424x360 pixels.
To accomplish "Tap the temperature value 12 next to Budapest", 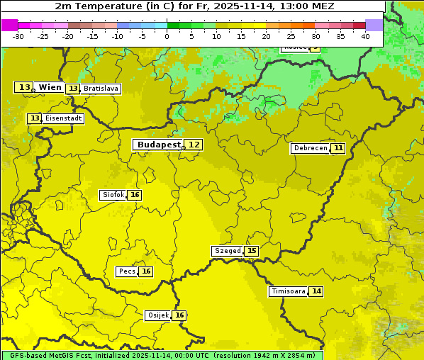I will pyautogui.click(x=194, y=145).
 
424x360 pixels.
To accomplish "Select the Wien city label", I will pyautogui.click(x=50, y=87).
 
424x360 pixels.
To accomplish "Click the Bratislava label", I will pyautogui.click(x=100, y=89).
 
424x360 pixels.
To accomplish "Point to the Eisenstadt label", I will pyautogui.click(x=64, y=118).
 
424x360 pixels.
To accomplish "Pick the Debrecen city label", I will pyautogui.click(x=310, y=148).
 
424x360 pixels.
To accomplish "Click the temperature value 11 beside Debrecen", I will pyautogui.click(x=338, y=148).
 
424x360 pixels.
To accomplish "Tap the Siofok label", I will pyautogui.click(x=113, y=195).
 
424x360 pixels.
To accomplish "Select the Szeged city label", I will pyautogui.click(x=227, y=251).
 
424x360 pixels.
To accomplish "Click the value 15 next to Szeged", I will pyautogui.click(x=252, y=251).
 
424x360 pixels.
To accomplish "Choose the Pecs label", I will pyautogui.click(x=127, y=271).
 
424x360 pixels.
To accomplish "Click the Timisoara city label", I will pyautogui.click(x=288, y=291).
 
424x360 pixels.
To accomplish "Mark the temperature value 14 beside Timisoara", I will pyautogui.click(x=316, y=291).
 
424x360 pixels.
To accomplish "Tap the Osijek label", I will pyautogui.click(x=157, y=315).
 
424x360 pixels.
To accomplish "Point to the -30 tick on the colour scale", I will pyautogui.click(x=18, y=36).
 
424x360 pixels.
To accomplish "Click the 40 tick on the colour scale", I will pyautogui.click(x=365, y=36).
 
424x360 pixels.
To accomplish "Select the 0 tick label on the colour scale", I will pyautogui.click(x=167, y=36).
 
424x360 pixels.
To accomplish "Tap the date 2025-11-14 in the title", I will pyautogui.click(x=246, y=6).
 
